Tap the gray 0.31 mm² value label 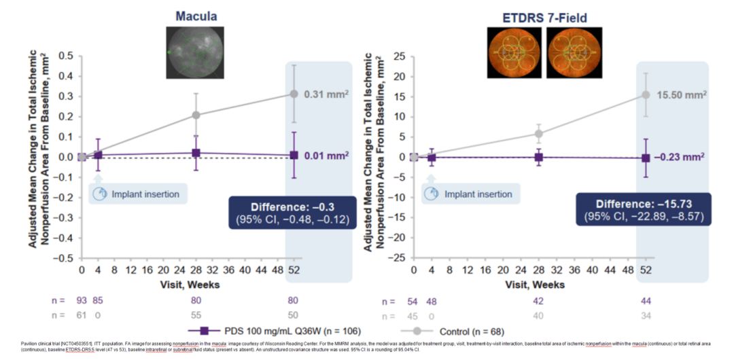(327, 94)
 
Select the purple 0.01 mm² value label (327, 156)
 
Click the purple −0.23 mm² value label (679, 157)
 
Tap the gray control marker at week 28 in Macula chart (196, 115)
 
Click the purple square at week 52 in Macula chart (294, 155)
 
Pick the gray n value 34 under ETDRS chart (646, 314)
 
